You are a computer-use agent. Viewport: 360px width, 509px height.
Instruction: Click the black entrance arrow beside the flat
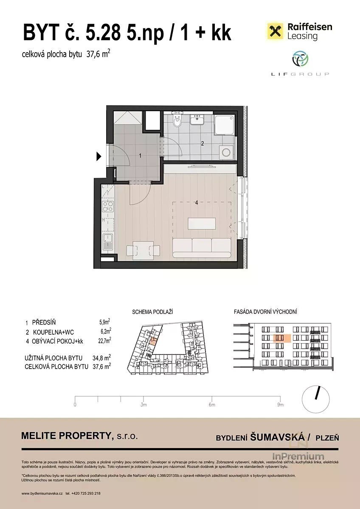point(98,157)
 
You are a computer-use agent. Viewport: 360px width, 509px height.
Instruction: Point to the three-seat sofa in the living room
point(202,247)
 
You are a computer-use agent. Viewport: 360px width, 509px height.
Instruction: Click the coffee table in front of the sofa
point(202,224)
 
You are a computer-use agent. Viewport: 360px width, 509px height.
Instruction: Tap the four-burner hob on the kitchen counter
point(108,207)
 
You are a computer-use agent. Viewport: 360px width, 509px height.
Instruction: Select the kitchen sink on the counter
point(107,242)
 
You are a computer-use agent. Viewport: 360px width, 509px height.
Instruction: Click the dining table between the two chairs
point(143,250)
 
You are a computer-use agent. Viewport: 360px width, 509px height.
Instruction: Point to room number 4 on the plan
point(197,203)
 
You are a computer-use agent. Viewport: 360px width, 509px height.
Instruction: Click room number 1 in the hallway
point(141,156)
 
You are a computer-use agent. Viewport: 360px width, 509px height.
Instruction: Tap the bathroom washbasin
point(197,120)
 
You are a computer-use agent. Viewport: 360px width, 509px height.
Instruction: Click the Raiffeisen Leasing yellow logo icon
point(275,31)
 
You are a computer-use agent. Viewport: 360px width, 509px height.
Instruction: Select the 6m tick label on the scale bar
point(212,405)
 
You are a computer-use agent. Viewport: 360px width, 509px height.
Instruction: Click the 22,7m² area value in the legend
point(104,341)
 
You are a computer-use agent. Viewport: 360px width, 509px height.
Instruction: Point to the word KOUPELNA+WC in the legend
point(53,332)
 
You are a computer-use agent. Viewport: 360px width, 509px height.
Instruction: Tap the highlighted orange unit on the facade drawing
point(282,338)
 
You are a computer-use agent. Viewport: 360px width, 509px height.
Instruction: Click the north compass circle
point(315,399)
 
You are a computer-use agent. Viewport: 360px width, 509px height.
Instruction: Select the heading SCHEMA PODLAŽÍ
point(152,312)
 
